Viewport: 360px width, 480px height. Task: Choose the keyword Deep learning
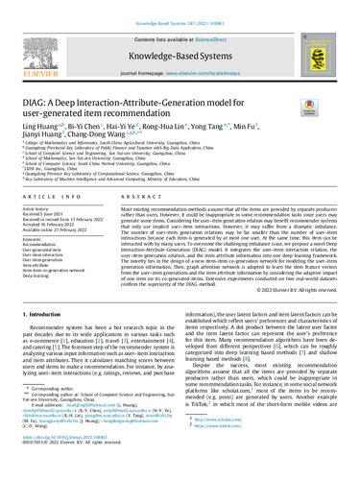44,300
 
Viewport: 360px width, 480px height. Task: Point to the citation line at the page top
180,7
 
